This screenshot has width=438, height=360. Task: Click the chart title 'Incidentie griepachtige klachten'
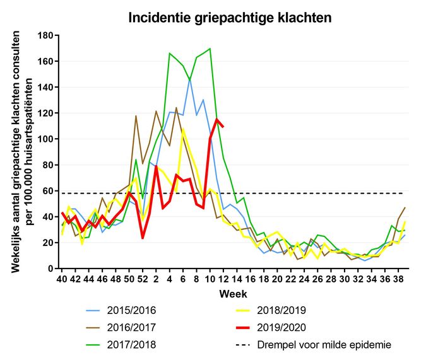(230, 18)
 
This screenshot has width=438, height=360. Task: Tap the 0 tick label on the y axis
(48, 269)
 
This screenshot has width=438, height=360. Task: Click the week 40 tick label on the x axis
(62, 279)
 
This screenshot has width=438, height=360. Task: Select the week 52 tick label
(143, 279)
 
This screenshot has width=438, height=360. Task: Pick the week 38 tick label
(399, 279)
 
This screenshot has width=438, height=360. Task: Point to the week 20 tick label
(277, 279)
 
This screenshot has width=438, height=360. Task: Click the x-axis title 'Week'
(232, 294)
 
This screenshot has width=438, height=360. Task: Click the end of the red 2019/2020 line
(223, 127)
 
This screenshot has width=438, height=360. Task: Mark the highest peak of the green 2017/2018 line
(210, 49)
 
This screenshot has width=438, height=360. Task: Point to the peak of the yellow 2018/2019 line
(183, 130)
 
